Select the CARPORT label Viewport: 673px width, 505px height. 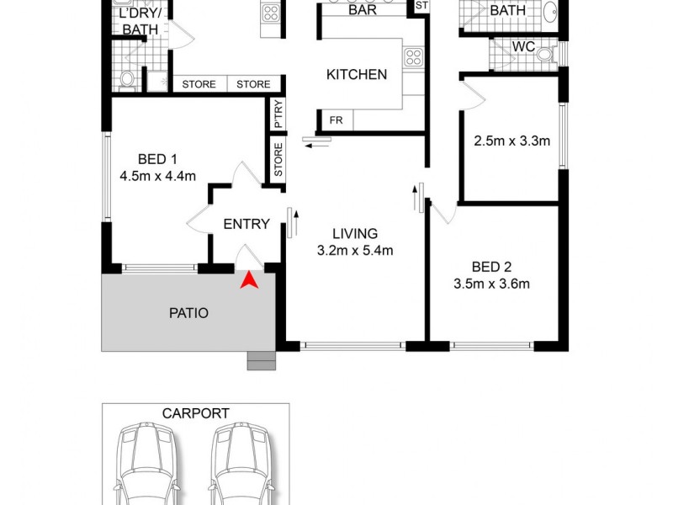(x=195, y=413)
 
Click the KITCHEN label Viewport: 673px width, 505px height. (x=357, y=74)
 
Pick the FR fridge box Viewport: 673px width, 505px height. (x=336, y=120)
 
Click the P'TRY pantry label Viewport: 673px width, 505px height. (x=278, y=114)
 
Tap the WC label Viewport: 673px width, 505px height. (x=523, y=47)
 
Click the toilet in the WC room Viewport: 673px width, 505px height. (x=547, y=54)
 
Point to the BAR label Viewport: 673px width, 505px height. (x=362, y=10)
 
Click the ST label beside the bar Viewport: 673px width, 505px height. (x=421, y=6)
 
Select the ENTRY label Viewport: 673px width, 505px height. (x=246, y=224)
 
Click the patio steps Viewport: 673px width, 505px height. (x=261, y=360)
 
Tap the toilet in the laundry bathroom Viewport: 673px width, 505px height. (x=127, y=77)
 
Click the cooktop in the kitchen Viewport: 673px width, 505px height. (x=413, y=57)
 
